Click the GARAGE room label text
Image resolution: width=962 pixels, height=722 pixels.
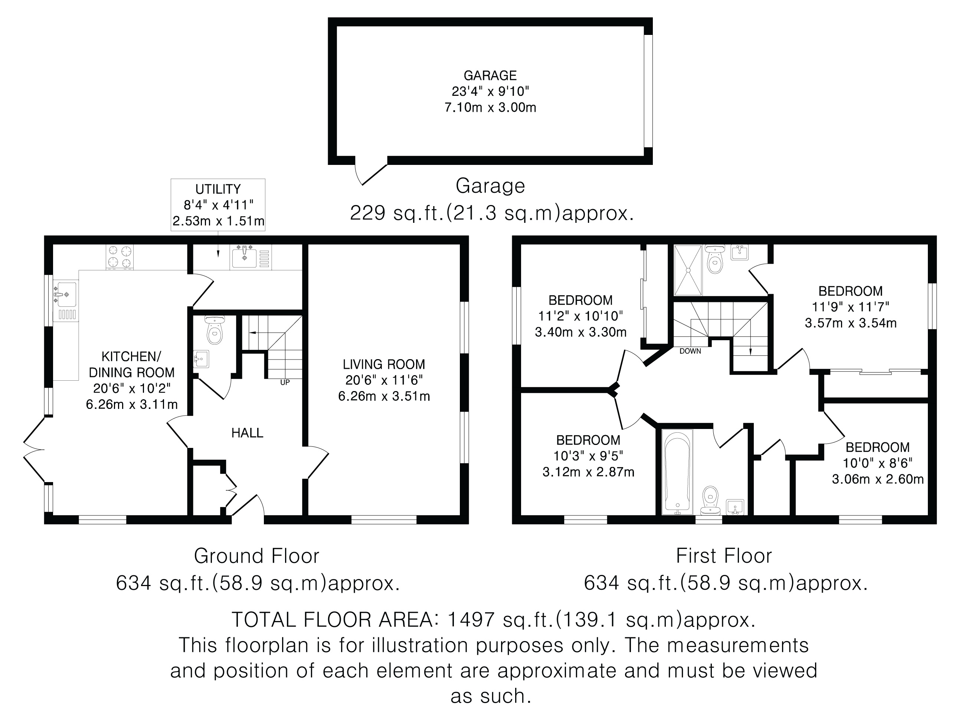(x=490, y=76)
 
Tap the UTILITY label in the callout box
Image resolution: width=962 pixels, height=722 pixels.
(x=218, y=189)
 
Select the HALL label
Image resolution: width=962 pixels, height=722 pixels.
(x=248, y=433)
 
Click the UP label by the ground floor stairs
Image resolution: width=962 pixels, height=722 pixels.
(x=285, y=383)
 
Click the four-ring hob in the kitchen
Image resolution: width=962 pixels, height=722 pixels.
(x=120, y=257)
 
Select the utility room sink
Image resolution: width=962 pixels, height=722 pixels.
(x=251, y=256)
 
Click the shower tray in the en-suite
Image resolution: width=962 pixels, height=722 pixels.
(x=688, y=270)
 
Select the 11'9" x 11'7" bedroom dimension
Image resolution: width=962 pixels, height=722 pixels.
(x=851, y=307)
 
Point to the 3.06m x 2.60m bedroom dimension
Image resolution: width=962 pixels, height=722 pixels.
(x=878, y=479)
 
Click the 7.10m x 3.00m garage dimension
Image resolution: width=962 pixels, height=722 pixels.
(x=490, y=107)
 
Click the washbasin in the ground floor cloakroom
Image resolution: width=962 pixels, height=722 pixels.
(x=201, y=359)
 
